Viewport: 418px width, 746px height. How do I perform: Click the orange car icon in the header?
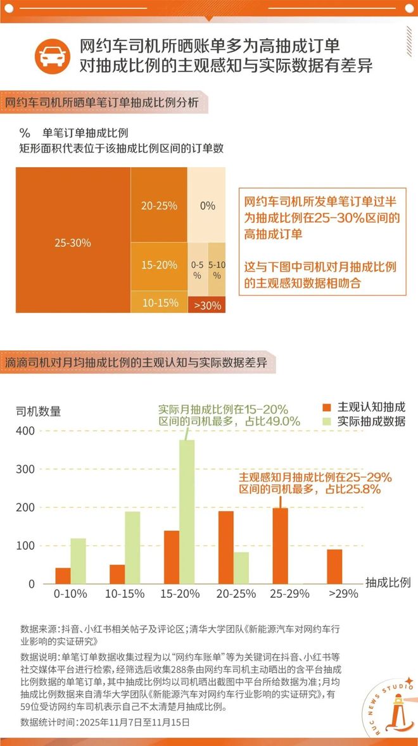coord(53,56)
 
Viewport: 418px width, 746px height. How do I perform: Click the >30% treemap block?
coord(207,305)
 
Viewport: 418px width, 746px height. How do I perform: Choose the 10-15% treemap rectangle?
coord(159,302)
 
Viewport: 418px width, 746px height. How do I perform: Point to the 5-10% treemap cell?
coord(217,270)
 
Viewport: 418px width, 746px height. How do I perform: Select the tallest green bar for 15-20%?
coord(186,512)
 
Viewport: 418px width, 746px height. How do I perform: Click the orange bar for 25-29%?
coord(280,545)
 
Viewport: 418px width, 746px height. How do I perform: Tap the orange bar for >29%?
coord(334,566)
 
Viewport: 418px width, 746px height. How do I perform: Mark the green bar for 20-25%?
coord(241,567)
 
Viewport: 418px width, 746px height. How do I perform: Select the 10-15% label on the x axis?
coord(125,594)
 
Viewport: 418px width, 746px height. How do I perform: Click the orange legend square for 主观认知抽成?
coord(327,407)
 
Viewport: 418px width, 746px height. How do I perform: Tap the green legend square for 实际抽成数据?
coord(327,421)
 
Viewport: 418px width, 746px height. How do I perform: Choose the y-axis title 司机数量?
coord(38,411)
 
